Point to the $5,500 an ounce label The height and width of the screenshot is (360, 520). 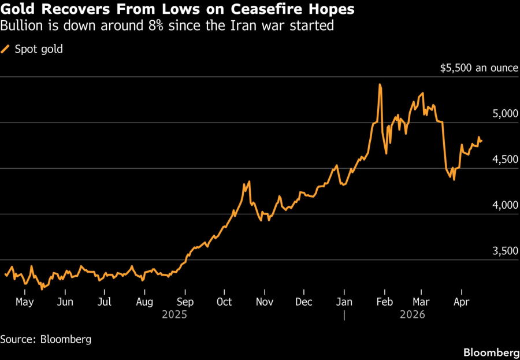pos(479,68)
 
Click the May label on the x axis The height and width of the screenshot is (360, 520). pos(25,302)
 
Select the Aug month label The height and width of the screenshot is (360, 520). pos(144,302)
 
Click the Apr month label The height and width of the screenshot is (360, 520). pos(461,302)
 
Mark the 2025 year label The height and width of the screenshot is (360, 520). pos(174,315)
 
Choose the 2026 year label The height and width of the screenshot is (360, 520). pos(412,315)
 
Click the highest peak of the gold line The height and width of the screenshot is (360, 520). pos(380,85)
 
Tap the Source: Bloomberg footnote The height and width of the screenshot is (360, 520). pos(46,339)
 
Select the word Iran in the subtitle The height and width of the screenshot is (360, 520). pos(240,26)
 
